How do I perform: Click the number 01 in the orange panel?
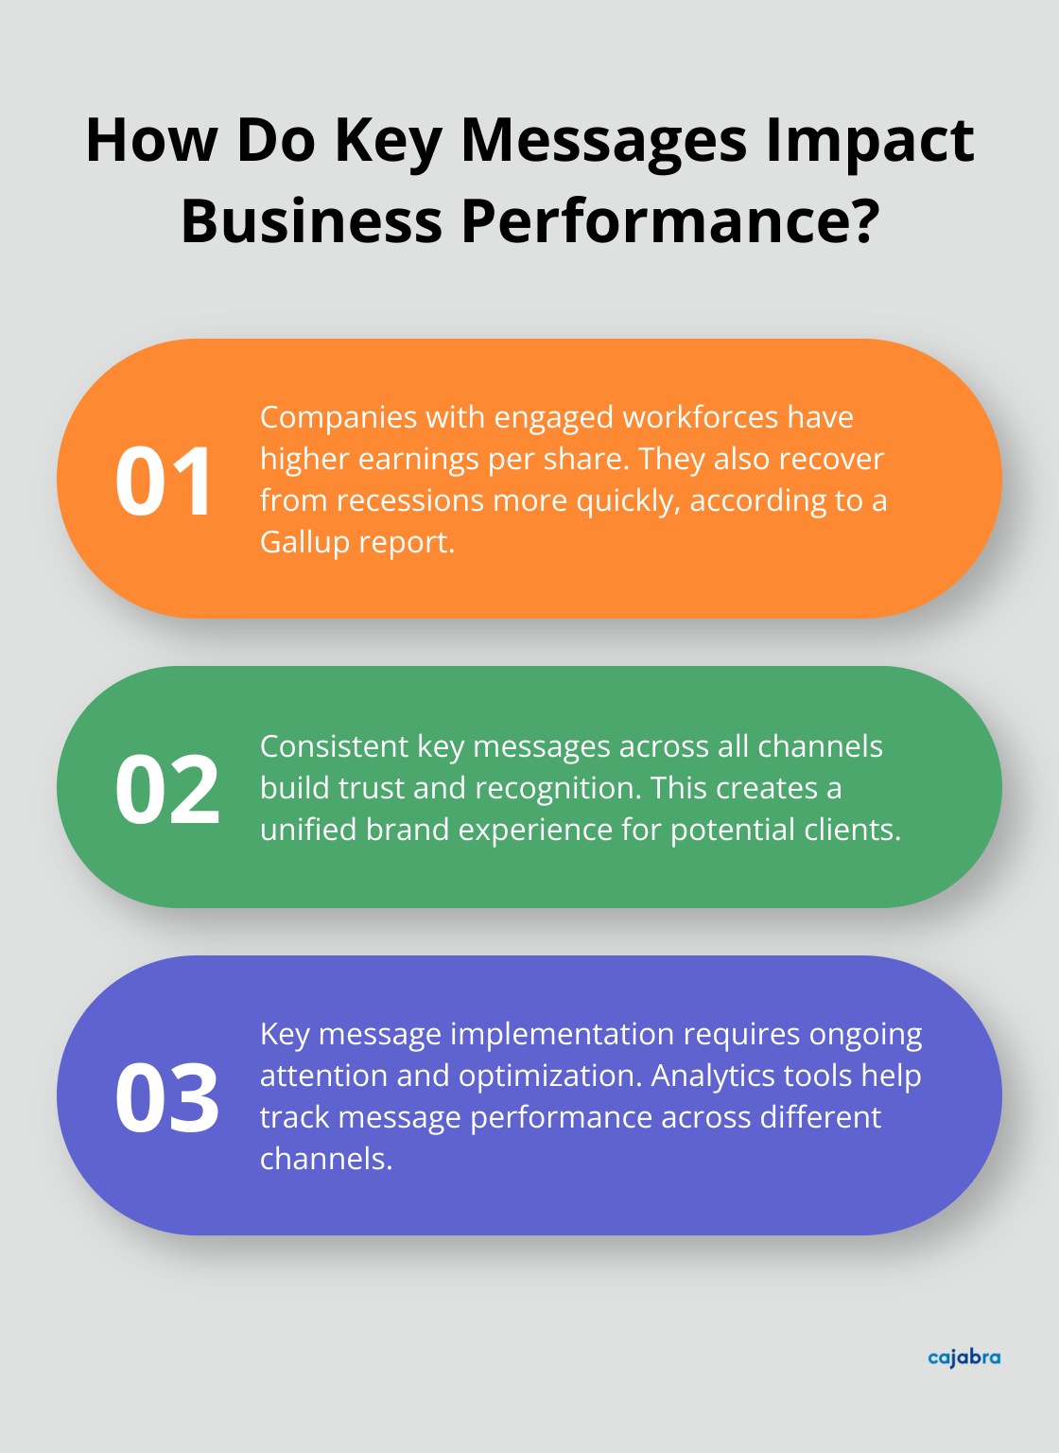click(165, 481)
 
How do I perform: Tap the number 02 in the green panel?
click(167, 789)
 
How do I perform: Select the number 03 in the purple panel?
click(167, 1098)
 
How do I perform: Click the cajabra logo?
click(964, 1357)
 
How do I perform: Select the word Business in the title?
click(311, 220)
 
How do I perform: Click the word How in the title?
click(152, 140)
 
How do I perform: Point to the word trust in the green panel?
click(373, 788)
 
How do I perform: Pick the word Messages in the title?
click(606, 140)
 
